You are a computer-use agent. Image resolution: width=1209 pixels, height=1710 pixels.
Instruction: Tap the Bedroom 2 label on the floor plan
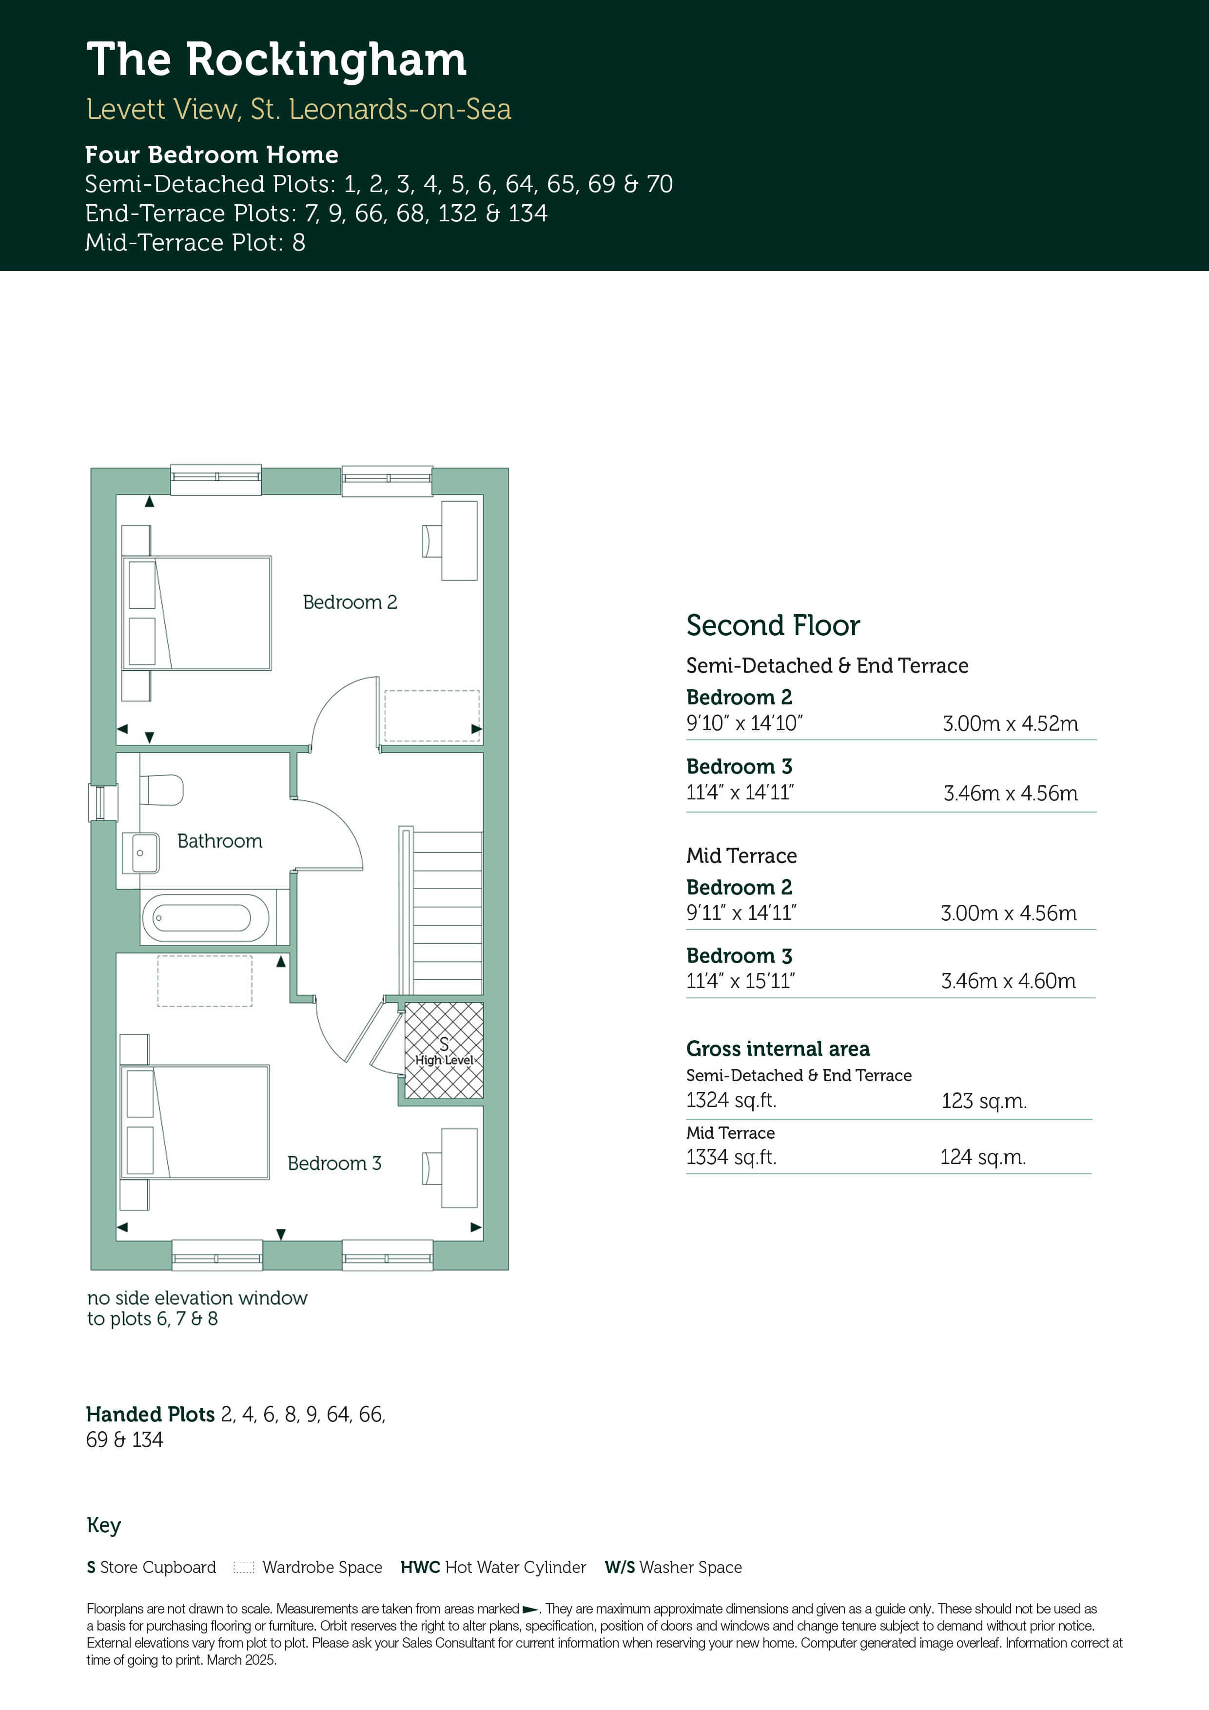pyautogui.click(x=350, y=602)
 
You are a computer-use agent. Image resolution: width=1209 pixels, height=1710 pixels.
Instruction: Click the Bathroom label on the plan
pyautogui.click(x=220, y=841)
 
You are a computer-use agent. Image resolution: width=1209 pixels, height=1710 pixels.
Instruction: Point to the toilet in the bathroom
pyautogui.click(x=161, y=790)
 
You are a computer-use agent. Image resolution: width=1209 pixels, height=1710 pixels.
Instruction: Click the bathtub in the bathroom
pyautogui.click(x=206, y=917)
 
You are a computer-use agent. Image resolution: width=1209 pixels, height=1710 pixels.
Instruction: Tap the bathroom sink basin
pyautogui.click(x=145, y=853)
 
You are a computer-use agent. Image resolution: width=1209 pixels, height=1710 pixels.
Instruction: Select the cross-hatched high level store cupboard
pyautogui.click(x=444, y=1050)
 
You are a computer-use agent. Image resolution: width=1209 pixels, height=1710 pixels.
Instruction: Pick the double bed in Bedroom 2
pyautogui.click(x=196, y=613)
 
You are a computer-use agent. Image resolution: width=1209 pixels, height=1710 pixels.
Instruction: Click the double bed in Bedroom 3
pyautogui.click(x=195, y=1122)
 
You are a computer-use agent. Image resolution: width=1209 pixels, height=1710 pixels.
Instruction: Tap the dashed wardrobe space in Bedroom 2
pyautogui.click(x=432, y=716)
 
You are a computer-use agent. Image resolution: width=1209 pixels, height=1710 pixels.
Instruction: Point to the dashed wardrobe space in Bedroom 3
pyautogui.click(x=205, y=981)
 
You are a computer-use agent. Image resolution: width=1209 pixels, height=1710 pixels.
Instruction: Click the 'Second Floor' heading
pyautogui.click(x=773, y=625)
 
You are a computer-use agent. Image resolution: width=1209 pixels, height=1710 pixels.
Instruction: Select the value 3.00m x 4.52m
pyautogui.click(x=1010, y=723)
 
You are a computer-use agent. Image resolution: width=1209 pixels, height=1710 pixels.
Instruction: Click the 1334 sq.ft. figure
pyautogui.click(x=731, y=1157)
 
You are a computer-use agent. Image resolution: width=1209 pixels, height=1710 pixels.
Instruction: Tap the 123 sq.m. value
pyautogui.click(x=984, y=1101)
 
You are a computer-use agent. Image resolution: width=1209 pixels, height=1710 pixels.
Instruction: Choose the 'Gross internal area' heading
pyautogui.click(x=778, y=1049)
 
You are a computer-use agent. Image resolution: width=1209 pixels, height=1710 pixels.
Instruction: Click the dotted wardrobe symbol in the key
pyautogui.click(x=244, y=1567)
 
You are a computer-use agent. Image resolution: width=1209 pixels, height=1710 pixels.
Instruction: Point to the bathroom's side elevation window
pyautogui.click(x=103, y=803)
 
